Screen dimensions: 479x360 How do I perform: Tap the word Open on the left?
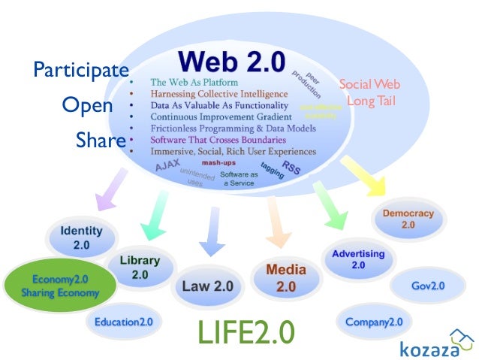(87, 105)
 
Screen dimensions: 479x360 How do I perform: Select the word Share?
(100, 140)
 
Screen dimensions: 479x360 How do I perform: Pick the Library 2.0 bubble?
(140, 267)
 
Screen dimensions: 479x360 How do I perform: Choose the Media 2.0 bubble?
(286, 277)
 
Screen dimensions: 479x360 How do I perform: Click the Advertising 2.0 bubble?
(358, 259)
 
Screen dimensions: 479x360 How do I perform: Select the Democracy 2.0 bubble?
(408, 219)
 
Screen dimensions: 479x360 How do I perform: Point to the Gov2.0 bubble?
(428, 286)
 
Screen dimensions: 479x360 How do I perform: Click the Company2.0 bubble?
(373, 322)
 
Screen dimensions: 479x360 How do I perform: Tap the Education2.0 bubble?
(123, 322)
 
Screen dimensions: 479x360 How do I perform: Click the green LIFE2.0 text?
(246, 333)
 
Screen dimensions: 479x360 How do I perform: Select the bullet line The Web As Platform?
(194, 82)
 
